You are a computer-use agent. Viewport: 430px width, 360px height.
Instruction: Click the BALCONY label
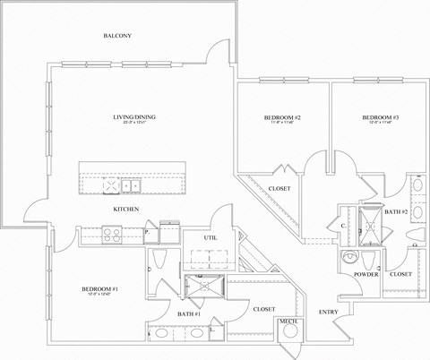(x=117, y=36)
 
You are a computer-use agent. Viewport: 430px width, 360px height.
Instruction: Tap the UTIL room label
(x=211, y=238)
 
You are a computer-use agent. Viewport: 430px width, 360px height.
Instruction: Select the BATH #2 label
(x=396, y=210)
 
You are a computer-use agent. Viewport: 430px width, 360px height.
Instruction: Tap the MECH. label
(x=288, y=321)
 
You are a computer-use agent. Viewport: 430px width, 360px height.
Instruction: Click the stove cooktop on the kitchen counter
(x=114, y=235)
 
